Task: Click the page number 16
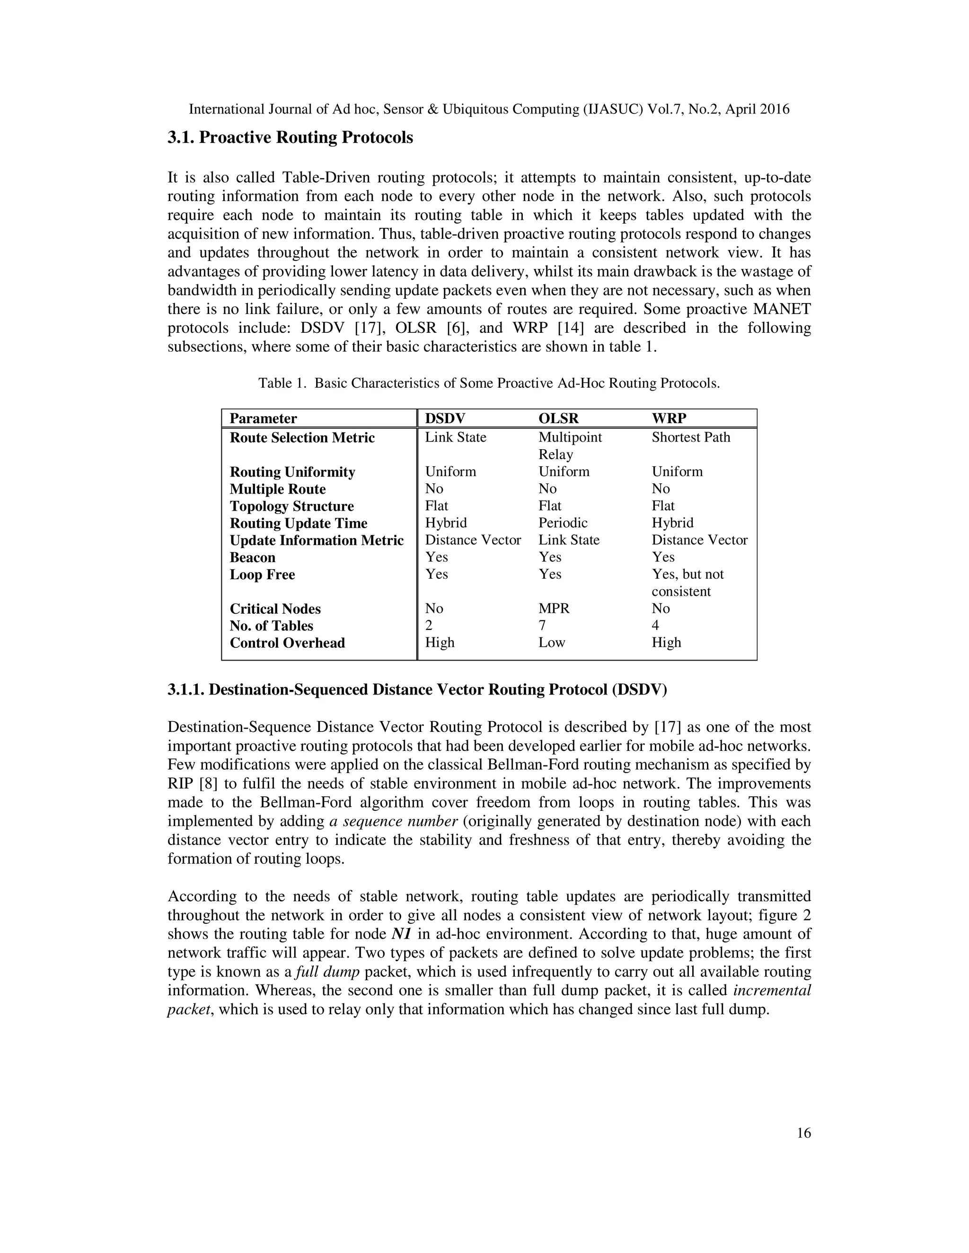[804, 1133]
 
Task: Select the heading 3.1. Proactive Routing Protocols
[290, 138]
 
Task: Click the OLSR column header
[558, 418]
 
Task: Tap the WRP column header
[669, 418]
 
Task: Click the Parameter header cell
[263, 418]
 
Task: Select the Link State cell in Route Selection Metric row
[455, 437]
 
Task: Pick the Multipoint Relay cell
[570, 445]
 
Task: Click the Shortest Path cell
[691, 437]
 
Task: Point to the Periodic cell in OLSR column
[563, 522]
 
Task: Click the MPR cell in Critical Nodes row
[554, 608]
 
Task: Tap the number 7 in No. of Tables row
[542, 626]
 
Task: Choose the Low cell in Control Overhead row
[551, 643]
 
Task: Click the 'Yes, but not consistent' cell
[687, 583]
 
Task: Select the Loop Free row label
[262, 574]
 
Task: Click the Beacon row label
[252, 557]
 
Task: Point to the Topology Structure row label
[291, 506]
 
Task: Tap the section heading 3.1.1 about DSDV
[417, 689]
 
